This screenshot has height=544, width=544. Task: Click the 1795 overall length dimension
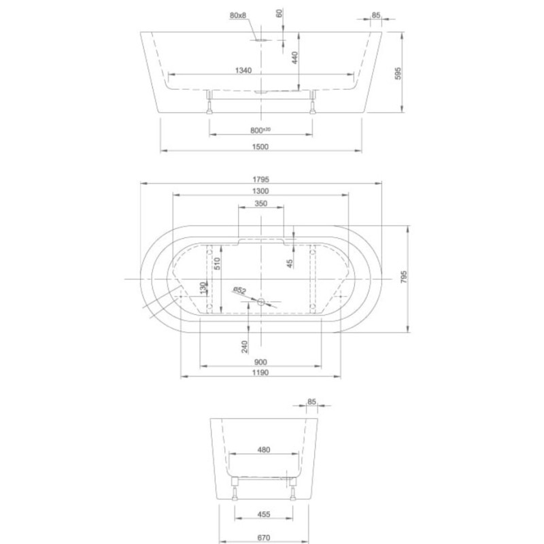point(260,180)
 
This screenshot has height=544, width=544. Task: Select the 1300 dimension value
point(260,191)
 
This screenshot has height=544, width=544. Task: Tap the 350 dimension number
point(261,203)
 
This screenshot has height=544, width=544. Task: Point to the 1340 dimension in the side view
point(243,71)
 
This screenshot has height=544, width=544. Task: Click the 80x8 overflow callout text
point(237,15)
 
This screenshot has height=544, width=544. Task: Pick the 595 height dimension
point(398,73)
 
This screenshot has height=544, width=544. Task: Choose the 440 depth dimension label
point(294,58)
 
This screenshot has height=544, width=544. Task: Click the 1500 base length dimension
point(260,146)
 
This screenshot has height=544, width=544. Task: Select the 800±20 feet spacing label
point(260,131)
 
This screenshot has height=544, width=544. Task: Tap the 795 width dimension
point(403,277)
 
